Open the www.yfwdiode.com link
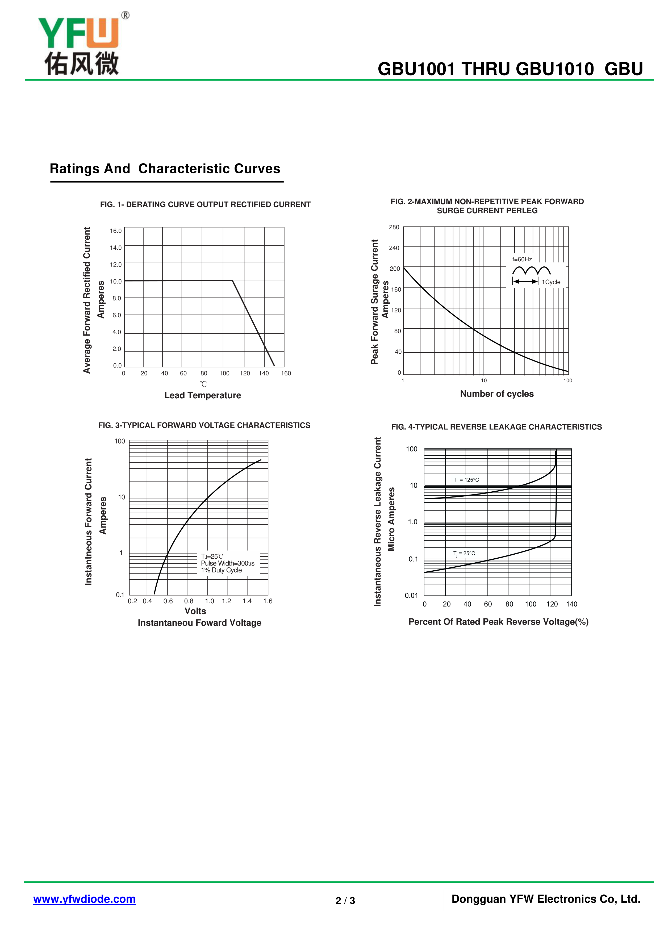click(x=85, y=899)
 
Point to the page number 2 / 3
click(x=345, y=901)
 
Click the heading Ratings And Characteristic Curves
click(x=165, y=169)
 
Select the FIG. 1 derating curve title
click(x=205, y=204)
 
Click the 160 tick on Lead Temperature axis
click(x=286, y=373)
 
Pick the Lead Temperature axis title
click(x=202, y=395)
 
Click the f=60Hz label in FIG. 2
click(x=522, y=259)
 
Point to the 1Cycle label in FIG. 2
click(x=551, y=282)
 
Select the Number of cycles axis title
click(x=497, y=394)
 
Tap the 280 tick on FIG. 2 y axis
click(x=394, y=227)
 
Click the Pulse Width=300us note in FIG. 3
click(x=228, y=563)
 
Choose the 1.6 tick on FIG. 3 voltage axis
click(x=268, y=601)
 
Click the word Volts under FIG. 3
click(x=195, y=611)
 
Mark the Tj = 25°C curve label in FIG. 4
click(x=464, y=554)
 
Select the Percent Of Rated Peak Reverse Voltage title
click(x=498, y=622)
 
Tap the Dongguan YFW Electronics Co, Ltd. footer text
click(x=546, y=899)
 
